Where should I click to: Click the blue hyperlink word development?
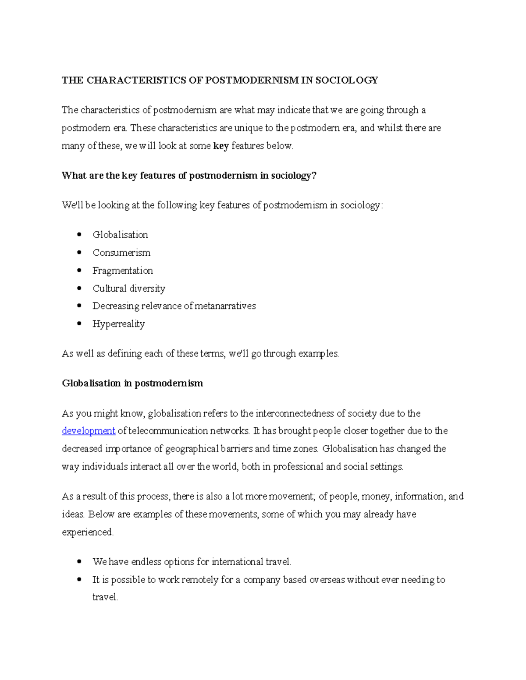click(x=89, y=431)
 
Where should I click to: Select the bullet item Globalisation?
click(x=120, y=235)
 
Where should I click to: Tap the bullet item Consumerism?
click(x=121, y=253)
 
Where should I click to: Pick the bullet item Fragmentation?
click(x=123, y=271)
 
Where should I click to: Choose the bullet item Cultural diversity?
click(x=129, y=289)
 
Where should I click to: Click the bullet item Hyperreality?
click(x=118, y=324)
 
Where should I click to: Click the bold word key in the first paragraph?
click(x=221, y=146)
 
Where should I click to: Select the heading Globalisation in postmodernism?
click(x=132, y=384)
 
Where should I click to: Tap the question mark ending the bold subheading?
click(x=313, y=176)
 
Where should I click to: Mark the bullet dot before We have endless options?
click(x=79, y=561)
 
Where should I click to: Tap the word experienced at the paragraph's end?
click(x=87, y=532)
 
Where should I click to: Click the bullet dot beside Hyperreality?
click(x=79, y=324)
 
